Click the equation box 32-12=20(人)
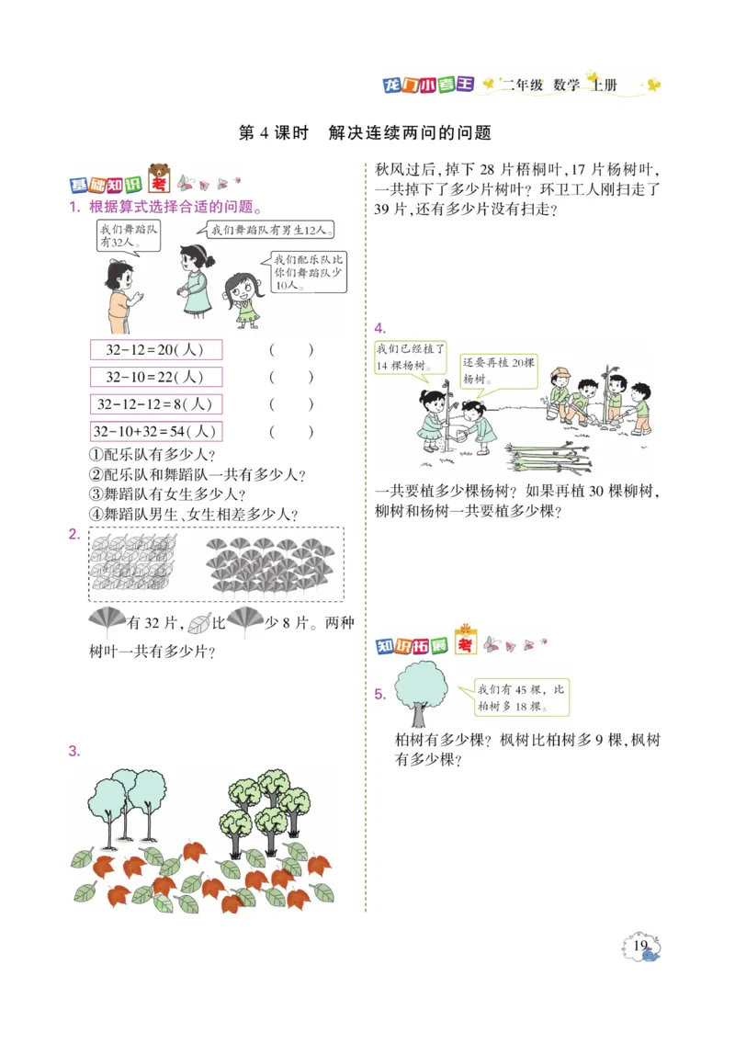point(156,349)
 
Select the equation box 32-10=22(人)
point(156,377)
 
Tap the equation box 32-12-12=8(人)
point(156,404)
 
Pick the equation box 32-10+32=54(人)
point(156,431)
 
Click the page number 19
point(641,946)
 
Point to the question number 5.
point(379,694)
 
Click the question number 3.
point(74,751)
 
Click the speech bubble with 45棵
point(521,698)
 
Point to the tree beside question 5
point(420,695)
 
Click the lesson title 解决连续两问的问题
point(410,133)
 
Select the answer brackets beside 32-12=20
point(291,349)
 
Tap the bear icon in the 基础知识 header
point(161,174)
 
